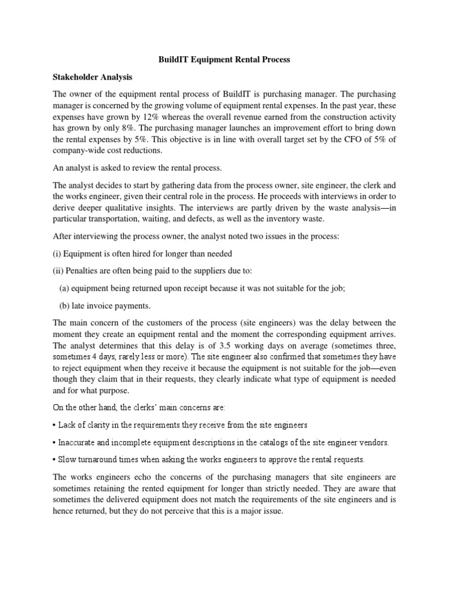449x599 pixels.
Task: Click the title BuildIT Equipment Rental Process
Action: coord(224,60)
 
